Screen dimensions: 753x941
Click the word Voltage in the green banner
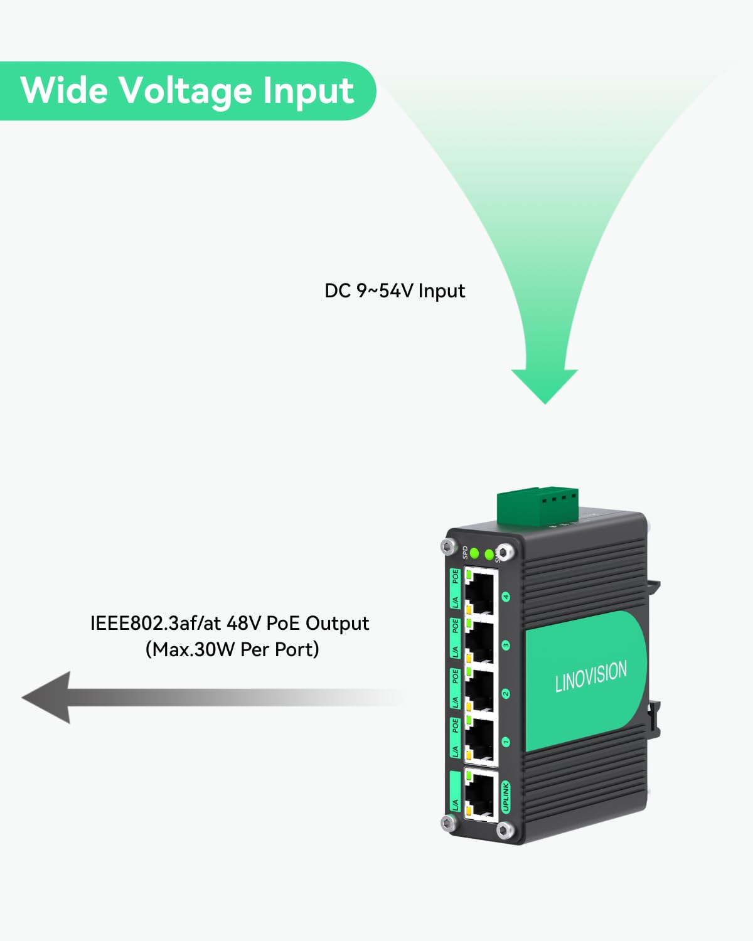[x=186, y=91]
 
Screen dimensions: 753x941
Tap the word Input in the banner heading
[x=308, y=91]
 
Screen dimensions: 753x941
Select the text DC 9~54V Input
[x=395, y=291]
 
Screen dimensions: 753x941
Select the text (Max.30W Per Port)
[x=232, y=649]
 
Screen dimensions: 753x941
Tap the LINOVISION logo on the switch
[x=590, y=676]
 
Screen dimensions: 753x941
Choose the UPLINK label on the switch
[x=506, y=797]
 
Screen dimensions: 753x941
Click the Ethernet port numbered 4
[x=480, y=592]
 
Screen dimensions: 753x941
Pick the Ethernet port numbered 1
[x=480, y=740]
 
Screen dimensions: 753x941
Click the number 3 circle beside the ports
[x=506, y=646]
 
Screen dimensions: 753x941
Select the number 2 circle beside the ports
[x=506, y=694]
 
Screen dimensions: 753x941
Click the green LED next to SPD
[x=475, y=553]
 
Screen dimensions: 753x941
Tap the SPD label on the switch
[x=464, y=552]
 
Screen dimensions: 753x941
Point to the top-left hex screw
[x=446, y=546]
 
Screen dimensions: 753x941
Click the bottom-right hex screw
[x=503, y=831]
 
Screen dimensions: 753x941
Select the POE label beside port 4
[x=456, y=577]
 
